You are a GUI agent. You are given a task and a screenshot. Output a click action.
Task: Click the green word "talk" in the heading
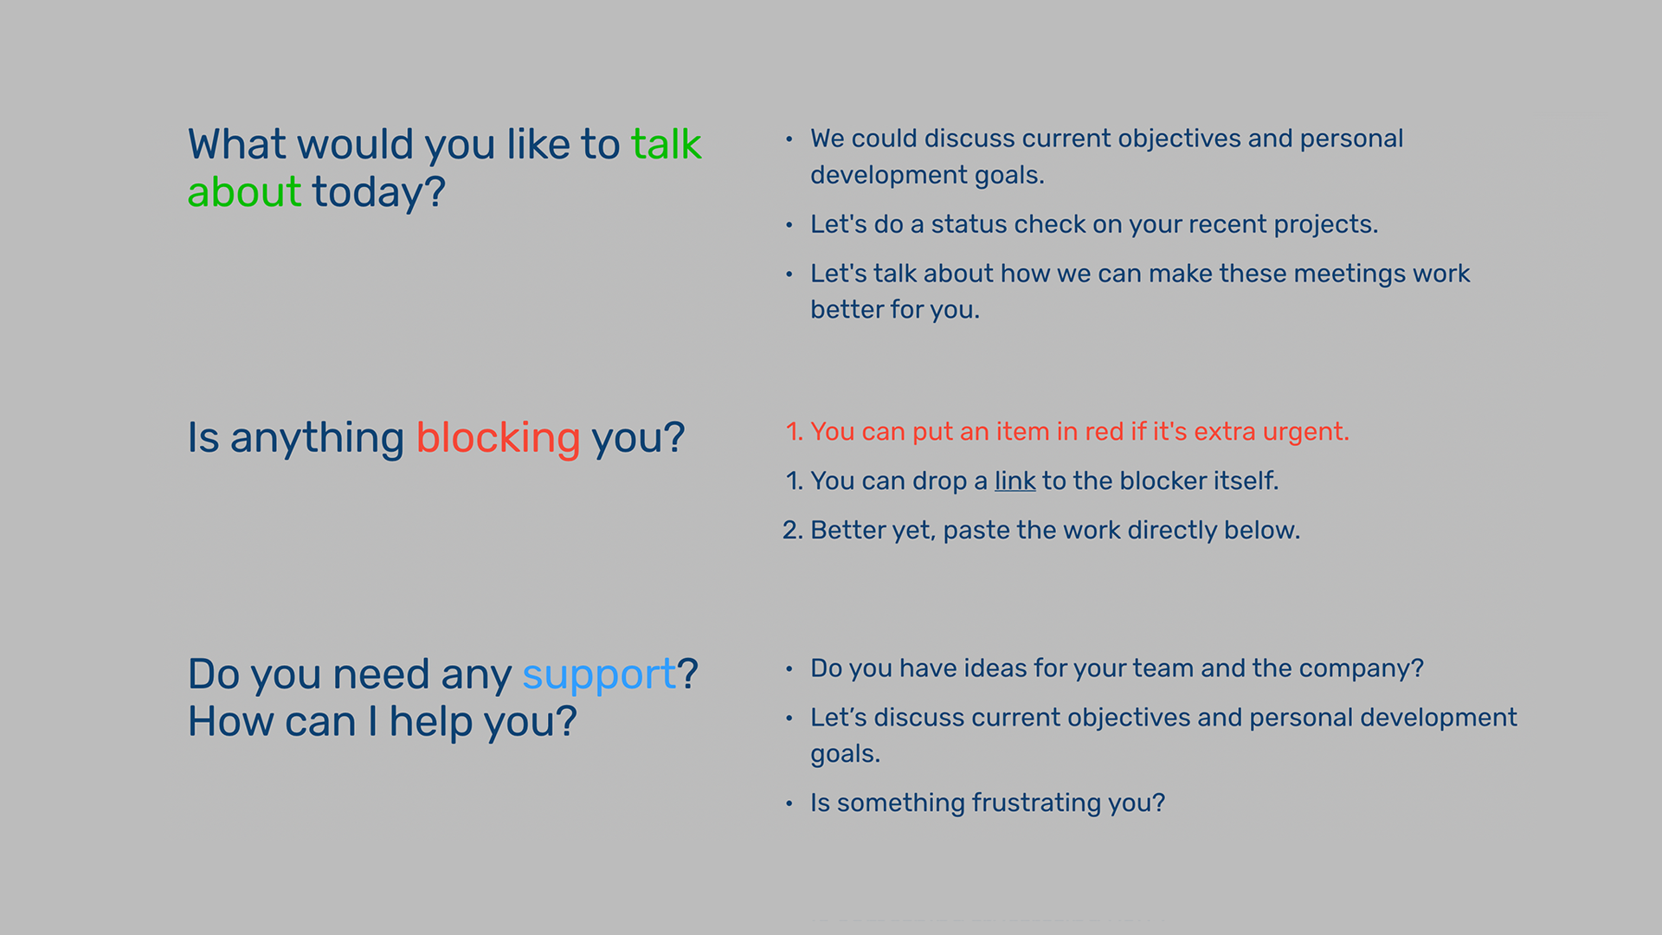coord(666,144)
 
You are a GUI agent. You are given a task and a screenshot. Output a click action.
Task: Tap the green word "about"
coord(244,191)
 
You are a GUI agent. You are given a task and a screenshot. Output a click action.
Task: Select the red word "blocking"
coord(498,438)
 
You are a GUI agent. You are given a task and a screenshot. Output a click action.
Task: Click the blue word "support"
coord(599,675)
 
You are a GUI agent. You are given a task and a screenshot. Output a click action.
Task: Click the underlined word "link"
coord(1015,480)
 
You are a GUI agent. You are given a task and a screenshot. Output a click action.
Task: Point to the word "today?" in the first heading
coord(378,193)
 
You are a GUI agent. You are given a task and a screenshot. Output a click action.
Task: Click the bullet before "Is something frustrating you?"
coord(789,803)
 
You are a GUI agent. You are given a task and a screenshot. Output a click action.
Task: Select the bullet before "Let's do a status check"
coord(789,225)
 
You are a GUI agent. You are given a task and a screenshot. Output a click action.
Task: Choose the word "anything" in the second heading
coord(317,439)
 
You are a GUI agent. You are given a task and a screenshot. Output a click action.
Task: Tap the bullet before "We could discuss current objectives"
coord(789,139)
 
